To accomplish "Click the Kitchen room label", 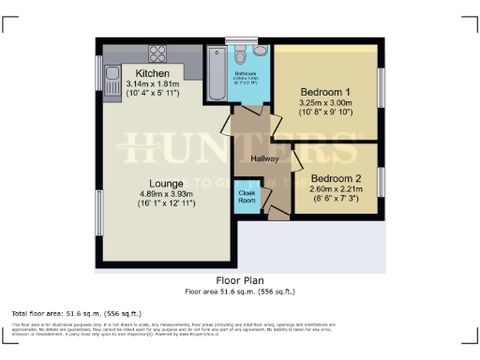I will tap(152, 73).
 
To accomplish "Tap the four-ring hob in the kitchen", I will tap(156, 52).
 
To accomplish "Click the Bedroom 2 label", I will tap(335, 178).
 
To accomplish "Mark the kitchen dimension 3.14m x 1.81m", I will tap(151, 84).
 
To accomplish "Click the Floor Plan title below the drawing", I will tap(241, 280).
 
